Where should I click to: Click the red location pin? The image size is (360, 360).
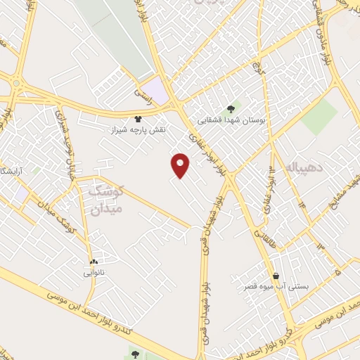pos(181,165)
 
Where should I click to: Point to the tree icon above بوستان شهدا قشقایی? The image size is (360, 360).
pos(231,108)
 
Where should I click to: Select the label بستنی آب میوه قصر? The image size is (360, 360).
pos(276,287)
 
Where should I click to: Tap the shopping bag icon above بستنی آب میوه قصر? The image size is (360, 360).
pos(276,276)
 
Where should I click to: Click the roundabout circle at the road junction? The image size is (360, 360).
pos(15,85)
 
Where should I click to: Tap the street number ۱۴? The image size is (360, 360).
pos(303,204)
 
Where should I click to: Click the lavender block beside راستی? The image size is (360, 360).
pos(160,93)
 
